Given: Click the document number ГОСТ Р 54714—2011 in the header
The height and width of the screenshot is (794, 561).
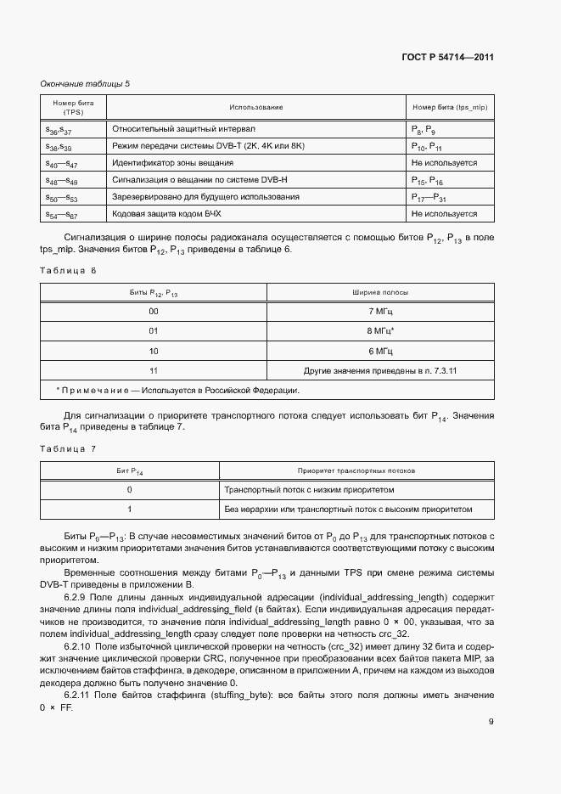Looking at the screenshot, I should pos(447,57).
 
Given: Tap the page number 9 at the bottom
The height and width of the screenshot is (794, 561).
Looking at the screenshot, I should pos(491,722).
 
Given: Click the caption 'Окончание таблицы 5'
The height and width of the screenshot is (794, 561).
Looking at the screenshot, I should pos(85,83).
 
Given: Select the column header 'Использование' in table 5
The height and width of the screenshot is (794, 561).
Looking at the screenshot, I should pos(255,108).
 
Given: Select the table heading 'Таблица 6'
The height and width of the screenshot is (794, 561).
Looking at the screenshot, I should pos(69,270).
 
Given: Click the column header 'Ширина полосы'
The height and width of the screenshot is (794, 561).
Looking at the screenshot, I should pos(380,292).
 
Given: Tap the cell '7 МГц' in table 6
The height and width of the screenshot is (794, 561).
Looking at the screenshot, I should pos(380,312).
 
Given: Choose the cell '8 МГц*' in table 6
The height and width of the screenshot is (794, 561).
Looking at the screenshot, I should pos(380,331).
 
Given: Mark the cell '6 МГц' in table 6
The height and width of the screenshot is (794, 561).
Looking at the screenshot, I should pos(380,351).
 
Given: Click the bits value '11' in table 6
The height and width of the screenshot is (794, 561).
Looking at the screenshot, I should pos(154,370).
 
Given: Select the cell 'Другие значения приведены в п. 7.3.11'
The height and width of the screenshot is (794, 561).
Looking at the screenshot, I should pos(380,370).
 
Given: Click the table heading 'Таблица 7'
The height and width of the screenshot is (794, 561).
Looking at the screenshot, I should pos(69,448).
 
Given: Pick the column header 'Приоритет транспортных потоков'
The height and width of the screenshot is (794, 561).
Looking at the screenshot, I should pos(356,470).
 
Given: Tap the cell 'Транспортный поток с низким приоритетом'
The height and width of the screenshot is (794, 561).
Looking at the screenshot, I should pos(309,490).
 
